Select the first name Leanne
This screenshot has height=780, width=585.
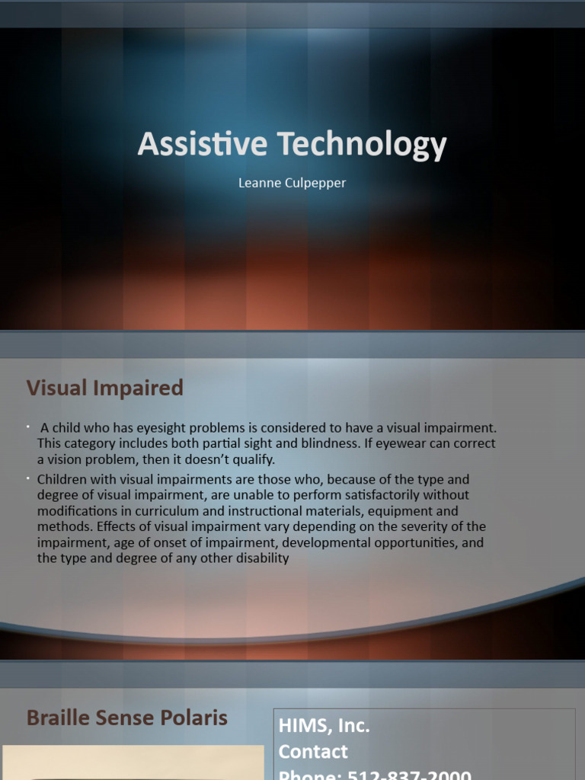(260, 183)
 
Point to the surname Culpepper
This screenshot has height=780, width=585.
(316, 183)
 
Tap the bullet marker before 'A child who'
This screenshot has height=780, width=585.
(27, 425)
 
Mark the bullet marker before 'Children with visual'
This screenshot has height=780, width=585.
(27, 478)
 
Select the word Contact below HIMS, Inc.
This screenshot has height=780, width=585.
(313, 752)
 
